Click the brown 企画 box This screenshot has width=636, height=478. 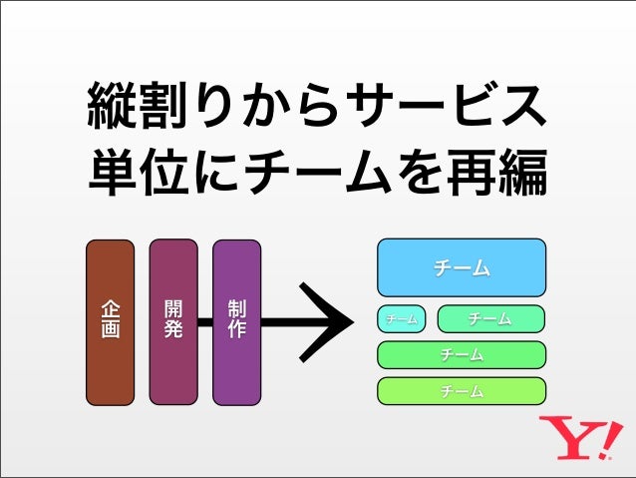click(110, 322)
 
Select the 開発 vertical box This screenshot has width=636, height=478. click(173, 322)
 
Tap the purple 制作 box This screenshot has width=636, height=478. click(237, 322)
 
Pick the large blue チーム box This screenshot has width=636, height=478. click(462, 267)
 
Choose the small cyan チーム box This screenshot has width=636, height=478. click(402, 319)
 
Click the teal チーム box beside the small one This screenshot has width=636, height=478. click(490, 319)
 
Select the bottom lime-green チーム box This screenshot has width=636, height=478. click(462, 391)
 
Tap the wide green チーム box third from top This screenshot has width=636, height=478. click(462, 355)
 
